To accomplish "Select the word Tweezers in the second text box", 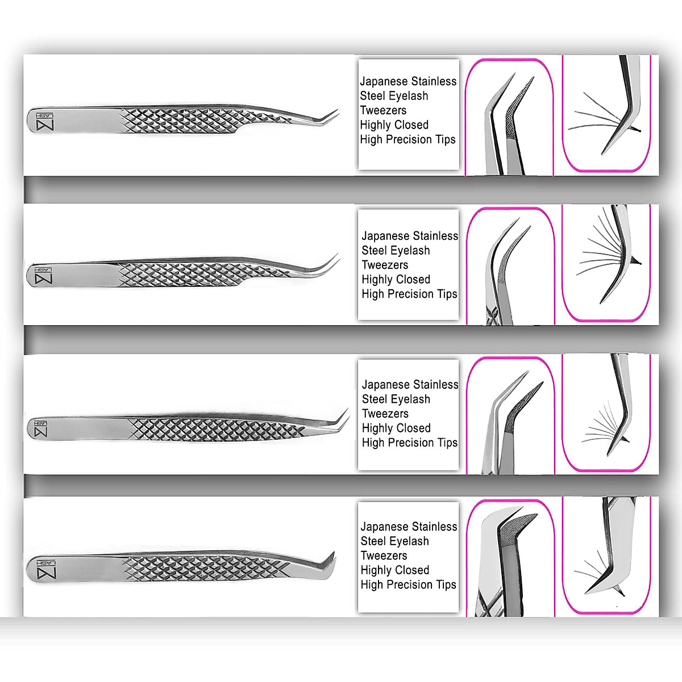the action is click(x=385, y=265).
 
